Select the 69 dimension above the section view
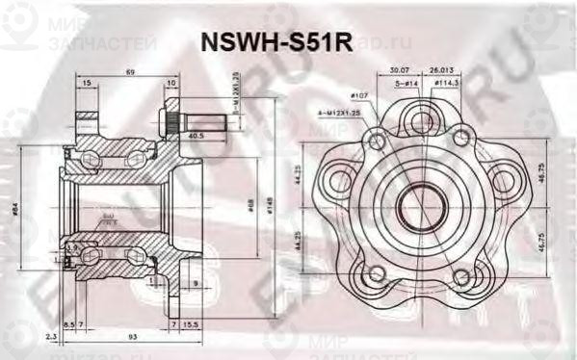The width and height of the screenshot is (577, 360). (x=129, y=73)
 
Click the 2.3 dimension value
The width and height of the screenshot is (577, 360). (x=49, y=336)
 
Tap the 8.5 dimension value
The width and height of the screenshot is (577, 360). (x=68, y=326)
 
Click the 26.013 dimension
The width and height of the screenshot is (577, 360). (x=441, y=69)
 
